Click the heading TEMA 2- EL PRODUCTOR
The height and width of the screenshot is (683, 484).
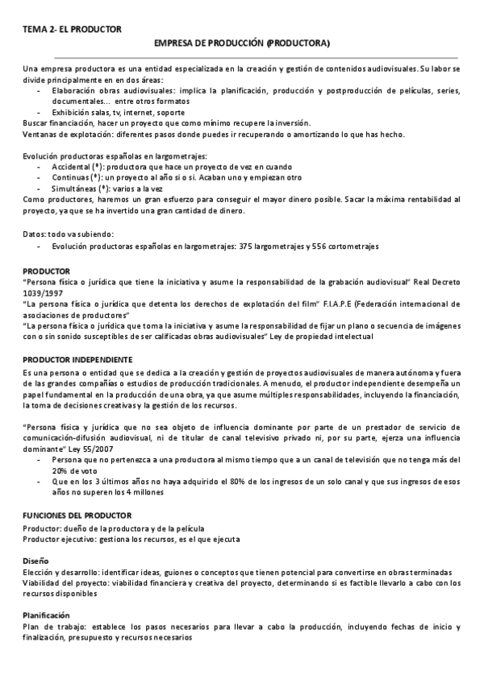(72, 29)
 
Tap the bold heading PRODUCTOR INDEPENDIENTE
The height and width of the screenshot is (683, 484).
(77, 358)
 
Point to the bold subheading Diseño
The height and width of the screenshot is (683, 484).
(35, 560)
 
